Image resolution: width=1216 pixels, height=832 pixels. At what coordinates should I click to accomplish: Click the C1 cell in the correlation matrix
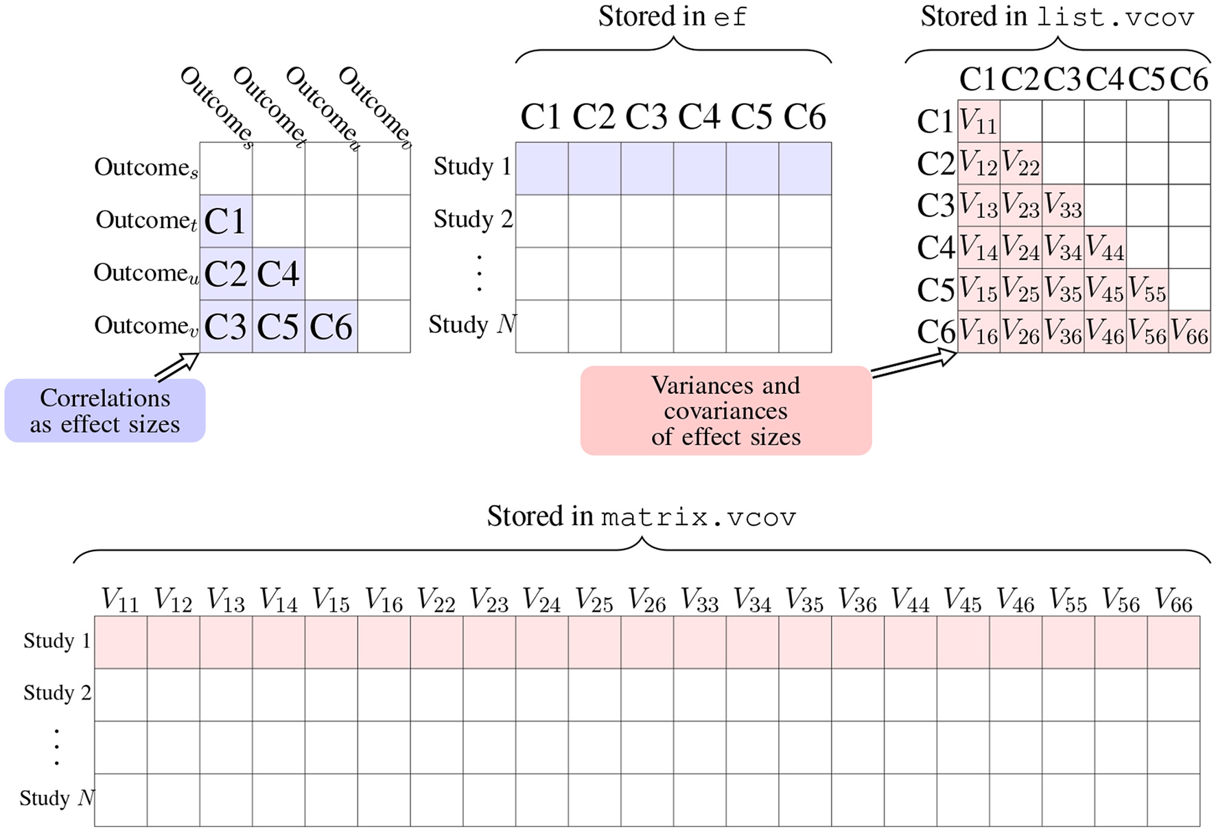pyautogui.click(x=226, y=221)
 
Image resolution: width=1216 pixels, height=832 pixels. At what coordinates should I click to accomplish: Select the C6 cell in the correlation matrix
pyautogui.click(x=331, y=327)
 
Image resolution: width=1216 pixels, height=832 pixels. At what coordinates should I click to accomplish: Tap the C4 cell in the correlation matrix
pyautogui.click(x=278, y=274)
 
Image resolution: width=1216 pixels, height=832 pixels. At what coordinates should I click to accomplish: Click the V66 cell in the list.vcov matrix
pyautogui.click(x=1189, y=332)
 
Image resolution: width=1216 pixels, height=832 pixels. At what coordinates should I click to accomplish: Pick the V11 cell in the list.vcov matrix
pyautogui.click(x=979, y=122)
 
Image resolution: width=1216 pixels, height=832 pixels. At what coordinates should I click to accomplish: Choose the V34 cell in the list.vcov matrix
pyautogui.click(x=1063, y=248)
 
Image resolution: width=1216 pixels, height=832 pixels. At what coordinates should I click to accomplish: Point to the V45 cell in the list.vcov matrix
pyautogui.click(x=1105, y=290)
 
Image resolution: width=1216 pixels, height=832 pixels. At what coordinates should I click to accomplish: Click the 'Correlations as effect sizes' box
pyautogui.click(x=105, y=411)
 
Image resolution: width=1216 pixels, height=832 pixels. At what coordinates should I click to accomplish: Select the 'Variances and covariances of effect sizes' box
pyautogui.click(x=725, y=411)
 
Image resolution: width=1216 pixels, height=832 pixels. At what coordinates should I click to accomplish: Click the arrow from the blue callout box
pyautogui.click(x=177, y=366)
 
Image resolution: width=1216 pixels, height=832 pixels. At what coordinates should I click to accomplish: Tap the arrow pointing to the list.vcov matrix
pyautogui.click(x=914, y=364)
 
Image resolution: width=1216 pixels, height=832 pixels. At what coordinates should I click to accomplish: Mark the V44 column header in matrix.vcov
pyautogui.click(x=910, y=601)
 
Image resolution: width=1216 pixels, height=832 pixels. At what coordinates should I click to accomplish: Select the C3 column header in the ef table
pyautogui.click(x=646, y=117)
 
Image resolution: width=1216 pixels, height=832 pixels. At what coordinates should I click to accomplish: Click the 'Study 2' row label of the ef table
pyautogui.click(x=473, y=220)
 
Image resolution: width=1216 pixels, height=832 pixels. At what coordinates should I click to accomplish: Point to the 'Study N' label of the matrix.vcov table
pyautogui.click(x=57, y=798)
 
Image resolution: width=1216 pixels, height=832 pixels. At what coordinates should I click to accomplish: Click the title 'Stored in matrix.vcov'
pyautogui.click(x=642, y=516)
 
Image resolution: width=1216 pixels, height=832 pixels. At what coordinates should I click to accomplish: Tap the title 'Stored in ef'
pyautogui.click(x=673, y=17)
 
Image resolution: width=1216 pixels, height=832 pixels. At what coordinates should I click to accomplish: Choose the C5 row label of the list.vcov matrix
pyautogui.click(x=935, y=290)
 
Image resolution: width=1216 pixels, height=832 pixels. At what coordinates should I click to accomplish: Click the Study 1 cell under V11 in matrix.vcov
pyautogui.click(x=121, y=642)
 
